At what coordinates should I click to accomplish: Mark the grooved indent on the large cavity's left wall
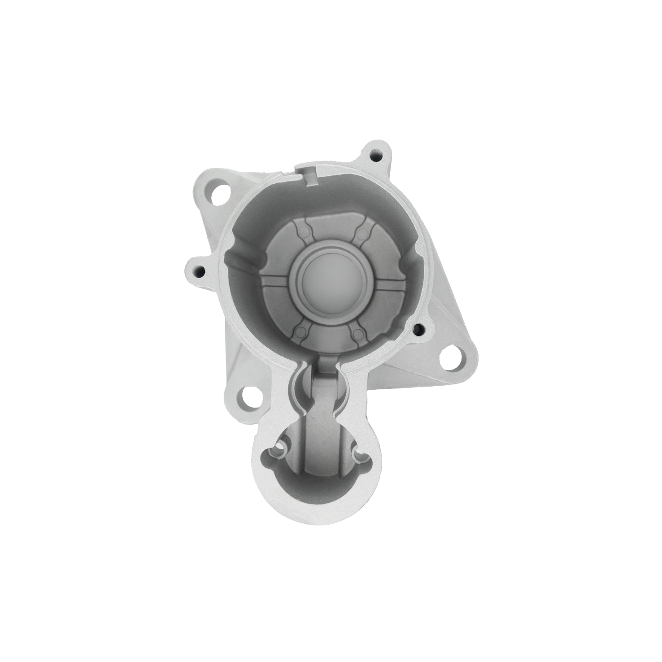[244, 258]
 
